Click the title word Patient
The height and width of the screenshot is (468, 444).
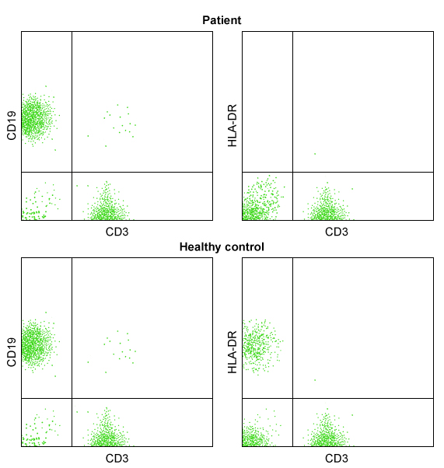[x=222, y=20]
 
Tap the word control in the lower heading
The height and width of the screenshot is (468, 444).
[x=244, y=247]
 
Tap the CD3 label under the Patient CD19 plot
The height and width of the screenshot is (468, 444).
[x=117, y=232]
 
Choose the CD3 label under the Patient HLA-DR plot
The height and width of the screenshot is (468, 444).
[x=337, y=232]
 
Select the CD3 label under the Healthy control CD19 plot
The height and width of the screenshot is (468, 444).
[x=117, y=459]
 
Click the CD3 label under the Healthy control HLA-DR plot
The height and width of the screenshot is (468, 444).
[x=337, y=459]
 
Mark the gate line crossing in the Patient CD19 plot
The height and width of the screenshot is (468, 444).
[x=72, y=172]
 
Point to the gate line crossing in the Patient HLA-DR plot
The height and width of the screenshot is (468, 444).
[x=292, y=172]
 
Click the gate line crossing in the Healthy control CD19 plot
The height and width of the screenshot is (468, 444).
[x=72, y=398]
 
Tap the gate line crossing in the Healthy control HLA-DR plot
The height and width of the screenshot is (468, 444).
[x=292, y=398]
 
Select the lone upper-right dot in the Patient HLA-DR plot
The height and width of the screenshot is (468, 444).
[x=315, y=153]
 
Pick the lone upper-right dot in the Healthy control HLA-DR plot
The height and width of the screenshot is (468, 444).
[x=315, y=380]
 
